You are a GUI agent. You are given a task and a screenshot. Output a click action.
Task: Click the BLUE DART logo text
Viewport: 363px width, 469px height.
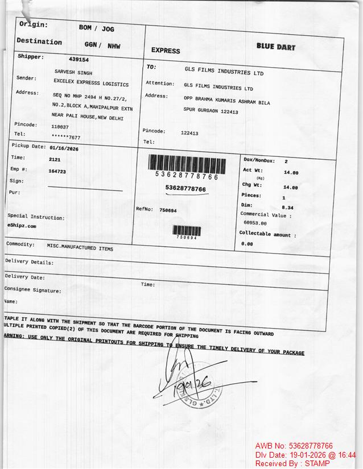click(x=275, y=47)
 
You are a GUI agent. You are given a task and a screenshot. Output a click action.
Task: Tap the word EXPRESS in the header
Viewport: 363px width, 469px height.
click(x=166, y=51)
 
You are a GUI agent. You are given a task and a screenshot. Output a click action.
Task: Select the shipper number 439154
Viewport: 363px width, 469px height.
click(x=79, y=59)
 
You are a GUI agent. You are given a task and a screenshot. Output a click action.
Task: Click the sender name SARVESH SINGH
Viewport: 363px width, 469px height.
click(x=73, y=73)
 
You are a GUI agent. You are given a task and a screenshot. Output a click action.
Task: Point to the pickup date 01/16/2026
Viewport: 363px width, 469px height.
click(x=64, y=148)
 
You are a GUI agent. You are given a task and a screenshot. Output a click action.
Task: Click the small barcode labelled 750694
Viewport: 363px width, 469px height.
click(x=187, y=231)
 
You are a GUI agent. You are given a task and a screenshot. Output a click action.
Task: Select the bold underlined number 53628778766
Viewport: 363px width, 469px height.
click(x=185, y=188)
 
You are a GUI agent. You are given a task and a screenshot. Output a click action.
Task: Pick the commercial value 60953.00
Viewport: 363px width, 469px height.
click(x=255, y=223)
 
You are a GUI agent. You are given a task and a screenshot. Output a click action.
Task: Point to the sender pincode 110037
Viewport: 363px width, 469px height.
click(x=60, y=127)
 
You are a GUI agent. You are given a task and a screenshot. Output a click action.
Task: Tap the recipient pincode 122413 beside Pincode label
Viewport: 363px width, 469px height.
click(x=189, y=133)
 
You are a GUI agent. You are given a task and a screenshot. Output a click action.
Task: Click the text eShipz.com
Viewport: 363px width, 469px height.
click(x=22, y=226)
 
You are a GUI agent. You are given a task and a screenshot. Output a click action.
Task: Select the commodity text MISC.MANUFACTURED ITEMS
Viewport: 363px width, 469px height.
click(x=80, y=248)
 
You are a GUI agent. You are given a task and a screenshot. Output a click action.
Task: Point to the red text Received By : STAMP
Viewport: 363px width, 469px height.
click(x=292, y=463)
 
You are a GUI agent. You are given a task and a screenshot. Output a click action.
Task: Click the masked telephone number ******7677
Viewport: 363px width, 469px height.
click(x=66, y=138)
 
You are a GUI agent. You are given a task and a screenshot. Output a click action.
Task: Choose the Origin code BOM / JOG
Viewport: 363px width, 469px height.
click(x=96, y=28)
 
